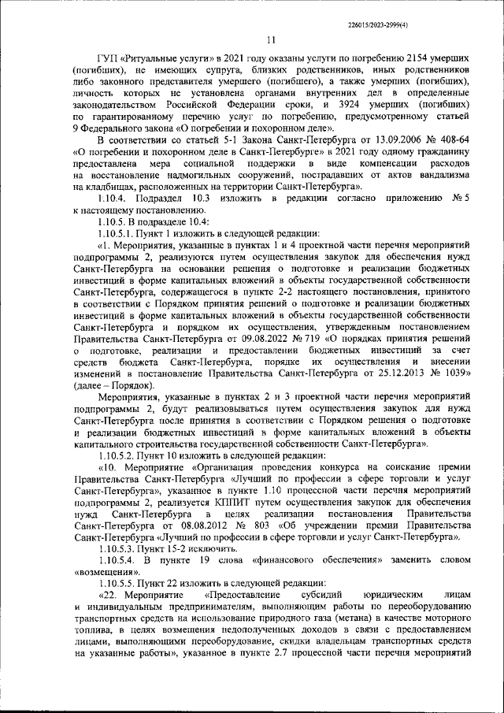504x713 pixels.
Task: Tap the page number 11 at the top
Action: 271,42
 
